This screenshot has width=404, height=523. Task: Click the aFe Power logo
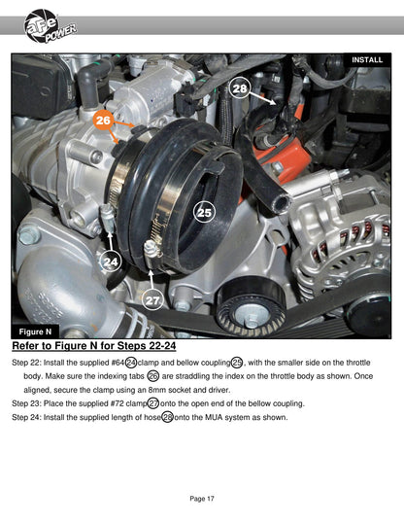[x=50, y=26]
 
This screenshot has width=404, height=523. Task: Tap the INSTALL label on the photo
[x=367, y=60]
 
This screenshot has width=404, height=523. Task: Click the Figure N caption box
[x=35, y=331]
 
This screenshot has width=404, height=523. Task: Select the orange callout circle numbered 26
[x=103, y=120]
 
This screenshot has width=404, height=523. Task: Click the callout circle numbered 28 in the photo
[x=239, y=88]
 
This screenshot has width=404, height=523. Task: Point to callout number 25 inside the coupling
[x=204, y=212]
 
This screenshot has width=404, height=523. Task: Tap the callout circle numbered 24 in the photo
[x=111, y=261]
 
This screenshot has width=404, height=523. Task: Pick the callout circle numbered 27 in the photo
[x=152, y=300]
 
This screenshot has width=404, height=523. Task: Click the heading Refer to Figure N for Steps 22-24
[x=94, y=346]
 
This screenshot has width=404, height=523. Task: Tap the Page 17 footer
[x=202, y=499]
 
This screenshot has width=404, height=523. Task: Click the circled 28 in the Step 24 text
[x=167, y=417]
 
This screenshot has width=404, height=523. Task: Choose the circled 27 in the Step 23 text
[x=153, y=403]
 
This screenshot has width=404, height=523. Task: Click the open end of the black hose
[x=281, y=202]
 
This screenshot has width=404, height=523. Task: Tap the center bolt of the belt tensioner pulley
[x=250, y=316]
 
